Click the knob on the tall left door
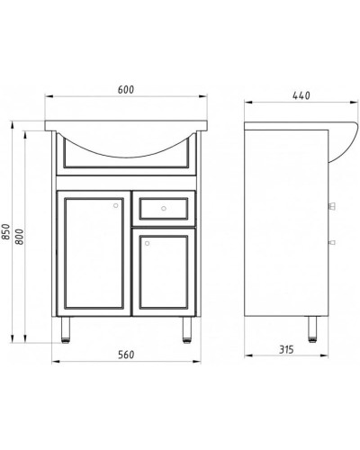(114, 205)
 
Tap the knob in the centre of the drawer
(164, 210)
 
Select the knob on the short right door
(147, 239)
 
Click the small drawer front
(164, 210)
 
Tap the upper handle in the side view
(334, 206)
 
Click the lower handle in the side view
(334, 240)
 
